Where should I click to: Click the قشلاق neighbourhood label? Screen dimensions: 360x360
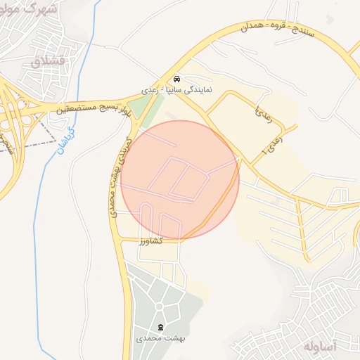coord(48,61)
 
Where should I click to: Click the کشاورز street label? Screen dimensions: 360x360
coord(151,240)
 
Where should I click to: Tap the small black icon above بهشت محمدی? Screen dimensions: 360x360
coord(160,327)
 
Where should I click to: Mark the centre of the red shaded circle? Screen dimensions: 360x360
coord(180,179)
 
